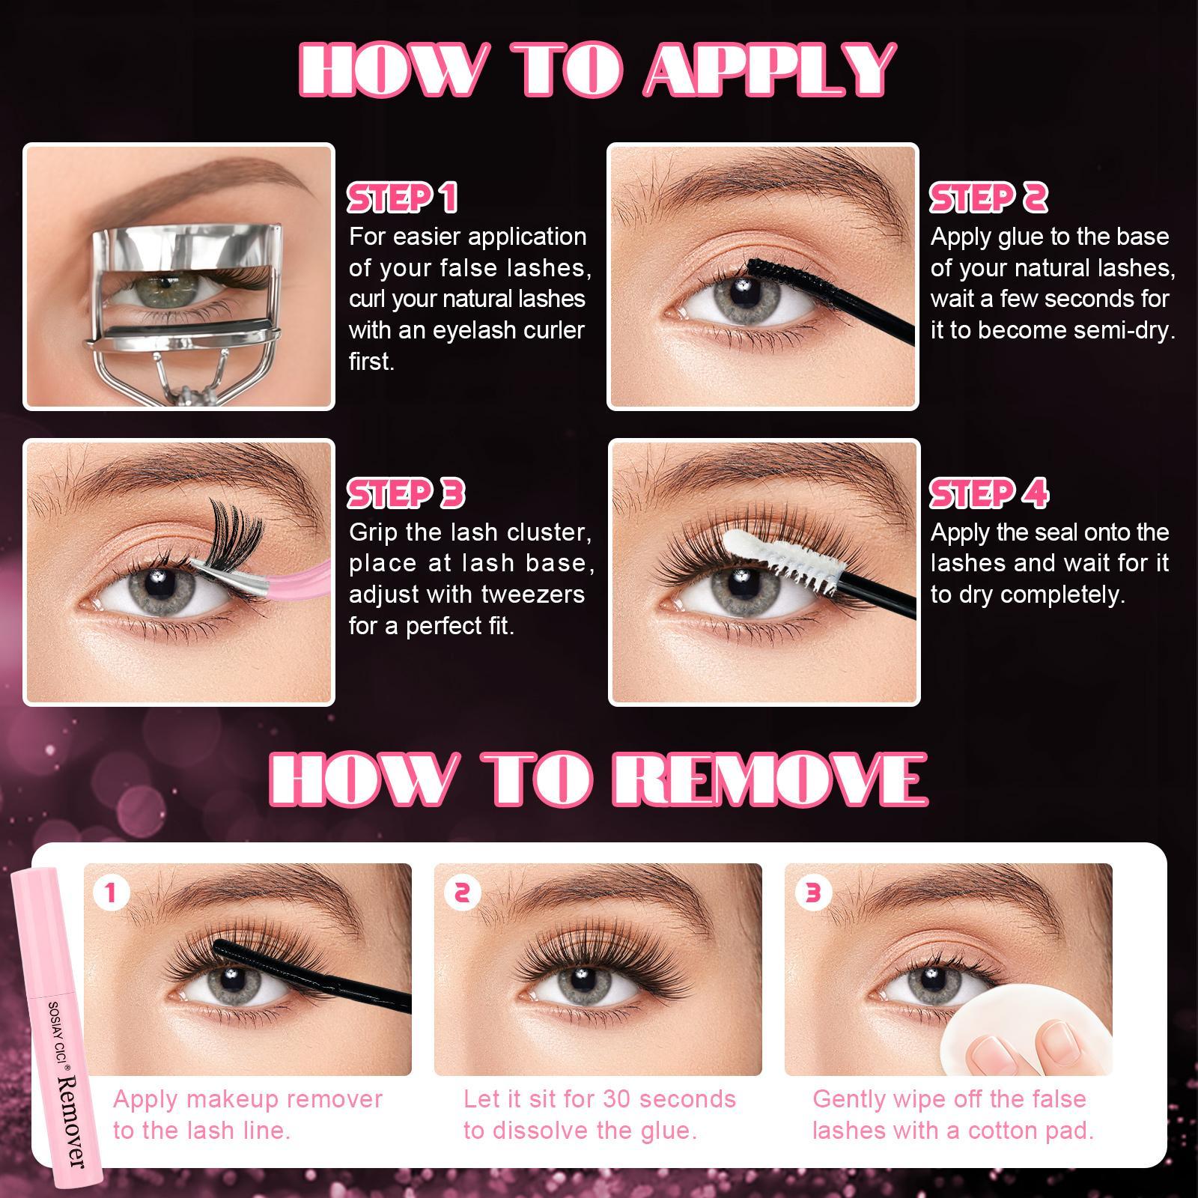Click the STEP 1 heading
[x=402, y=198]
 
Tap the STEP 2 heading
[x=988, y=198]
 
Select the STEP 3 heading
[x=406, y=493]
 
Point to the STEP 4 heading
[x=988, y=493]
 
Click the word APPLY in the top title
[x=770, y=70]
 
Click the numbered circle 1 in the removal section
[x=112, y=893]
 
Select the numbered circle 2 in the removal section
[x=462, y=893]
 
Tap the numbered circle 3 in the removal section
[x=812, y=893]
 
